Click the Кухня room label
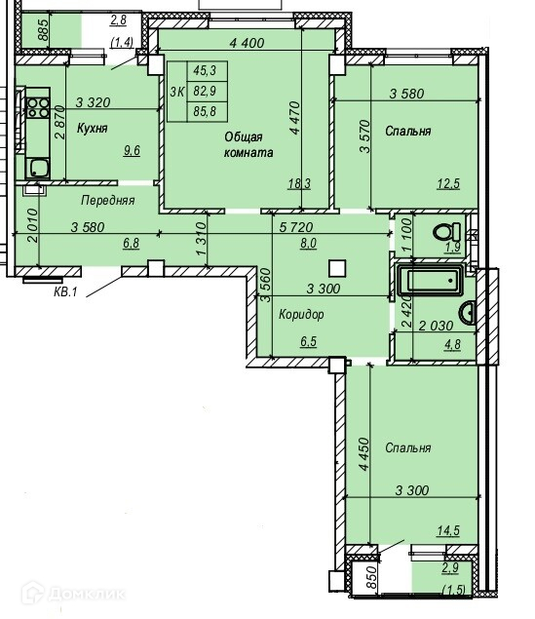(92, 129)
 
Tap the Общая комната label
(248, 144)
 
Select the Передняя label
(108, 201)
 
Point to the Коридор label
(301, 314)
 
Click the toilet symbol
(447, 232)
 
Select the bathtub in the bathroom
(430, 281)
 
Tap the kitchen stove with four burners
(38, 108)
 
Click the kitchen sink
(38, 169)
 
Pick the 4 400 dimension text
(247, 43)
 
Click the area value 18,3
(299, 183)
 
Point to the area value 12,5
(448, 183)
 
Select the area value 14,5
(448, 530)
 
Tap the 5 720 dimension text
(296, 227)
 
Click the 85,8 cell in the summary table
(205, 111)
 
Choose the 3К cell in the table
(177, 92)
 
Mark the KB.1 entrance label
(65, 292)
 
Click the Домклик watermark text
(88, 594)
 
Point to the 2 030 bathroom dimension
(436, 326)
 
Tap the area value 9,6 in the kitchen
(132, 150)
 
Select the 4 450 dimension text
(363, 453)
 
